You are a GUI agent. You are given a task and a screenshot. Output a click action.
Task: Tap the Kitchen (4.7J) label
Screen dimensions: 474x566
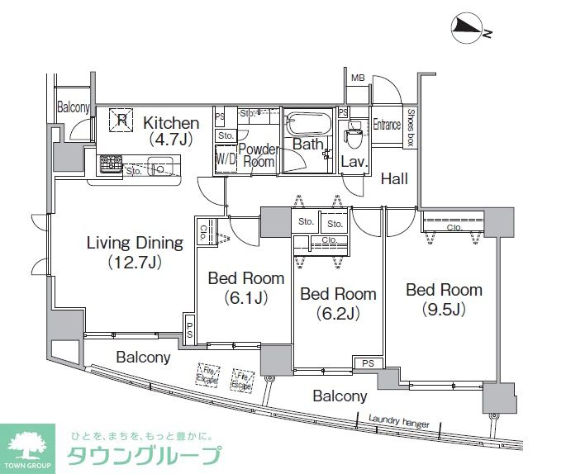click(171, 130)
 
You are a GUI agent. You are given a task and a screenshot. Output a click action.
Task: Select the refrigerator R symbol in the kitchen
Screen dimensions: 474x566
click(121, 121)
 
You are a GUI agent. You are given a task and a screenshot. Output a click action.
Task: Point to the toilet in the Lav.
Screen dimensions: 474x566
click(354, 132)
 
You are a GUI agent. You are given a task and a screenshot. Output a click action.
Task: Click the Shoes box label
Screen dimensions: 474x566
click(410, 128)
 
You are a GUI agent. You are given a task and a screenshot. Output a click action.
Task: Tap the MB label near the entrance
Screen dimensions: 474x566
click(358, 79)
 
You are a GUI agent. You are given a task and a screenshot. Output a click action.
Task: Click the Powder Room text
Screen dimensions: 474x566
click(258, 155)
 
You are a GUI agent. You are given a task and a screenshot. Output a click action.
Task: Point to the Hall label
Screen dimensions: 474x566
click(393, 176)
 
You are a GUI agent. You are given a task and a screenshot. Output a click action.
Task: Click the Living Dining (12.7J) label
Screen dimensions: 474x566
click(135, 252)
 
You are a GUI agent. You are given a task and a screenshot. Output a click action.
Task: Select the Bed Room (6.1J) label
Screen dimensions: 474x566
click(245, 287)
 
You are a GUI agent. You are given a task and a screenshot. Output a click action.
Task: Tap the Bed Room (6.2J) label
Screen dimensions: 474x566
click(337, 303)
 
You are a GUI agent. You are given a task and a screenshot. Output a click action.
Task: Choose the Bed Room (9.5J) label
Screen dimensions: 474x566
click(443, 299)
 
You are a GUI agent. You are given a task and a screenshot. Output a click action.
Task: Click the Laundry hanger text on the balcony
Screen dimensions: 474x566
click(399, 421)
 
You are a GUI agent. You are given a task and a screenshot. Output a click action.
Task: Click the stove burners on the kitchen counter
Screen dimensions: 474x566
click(110, 164)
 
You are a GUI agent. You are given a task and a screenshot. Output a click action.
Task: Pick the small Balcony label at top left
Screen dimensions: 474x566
click(73, 107)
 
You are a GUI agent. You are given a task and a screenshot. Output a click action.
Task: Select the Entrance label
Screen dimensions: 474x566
click(386, 125)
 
